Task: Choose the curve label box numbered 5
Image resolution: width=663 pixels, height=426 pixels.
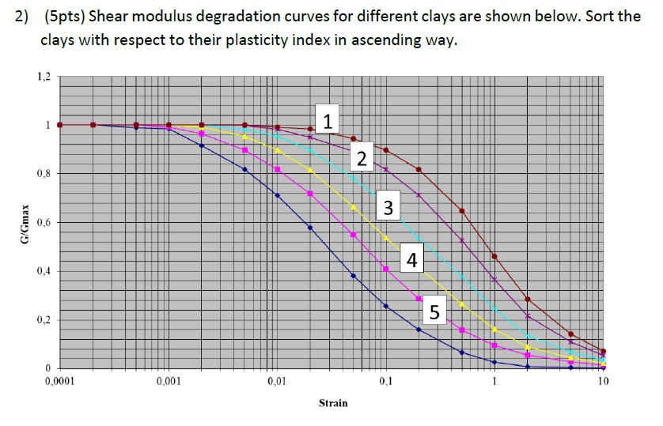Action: coord(434,312)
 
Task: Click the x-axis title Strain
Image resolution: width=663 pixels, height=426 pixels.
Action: coord(332,403)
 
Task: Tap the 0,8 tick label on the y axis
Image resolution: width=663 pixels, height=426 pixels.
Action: coord(43,174)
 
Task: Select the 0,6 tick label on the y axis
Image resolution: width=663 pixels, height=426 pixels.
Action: coord(43,223)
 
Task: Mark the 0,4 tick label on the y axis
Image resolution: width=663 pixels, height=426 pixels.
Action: coord(43,271)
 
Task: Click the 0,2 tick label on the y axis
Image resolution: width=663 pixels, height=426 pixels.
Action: coord(43,320)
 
